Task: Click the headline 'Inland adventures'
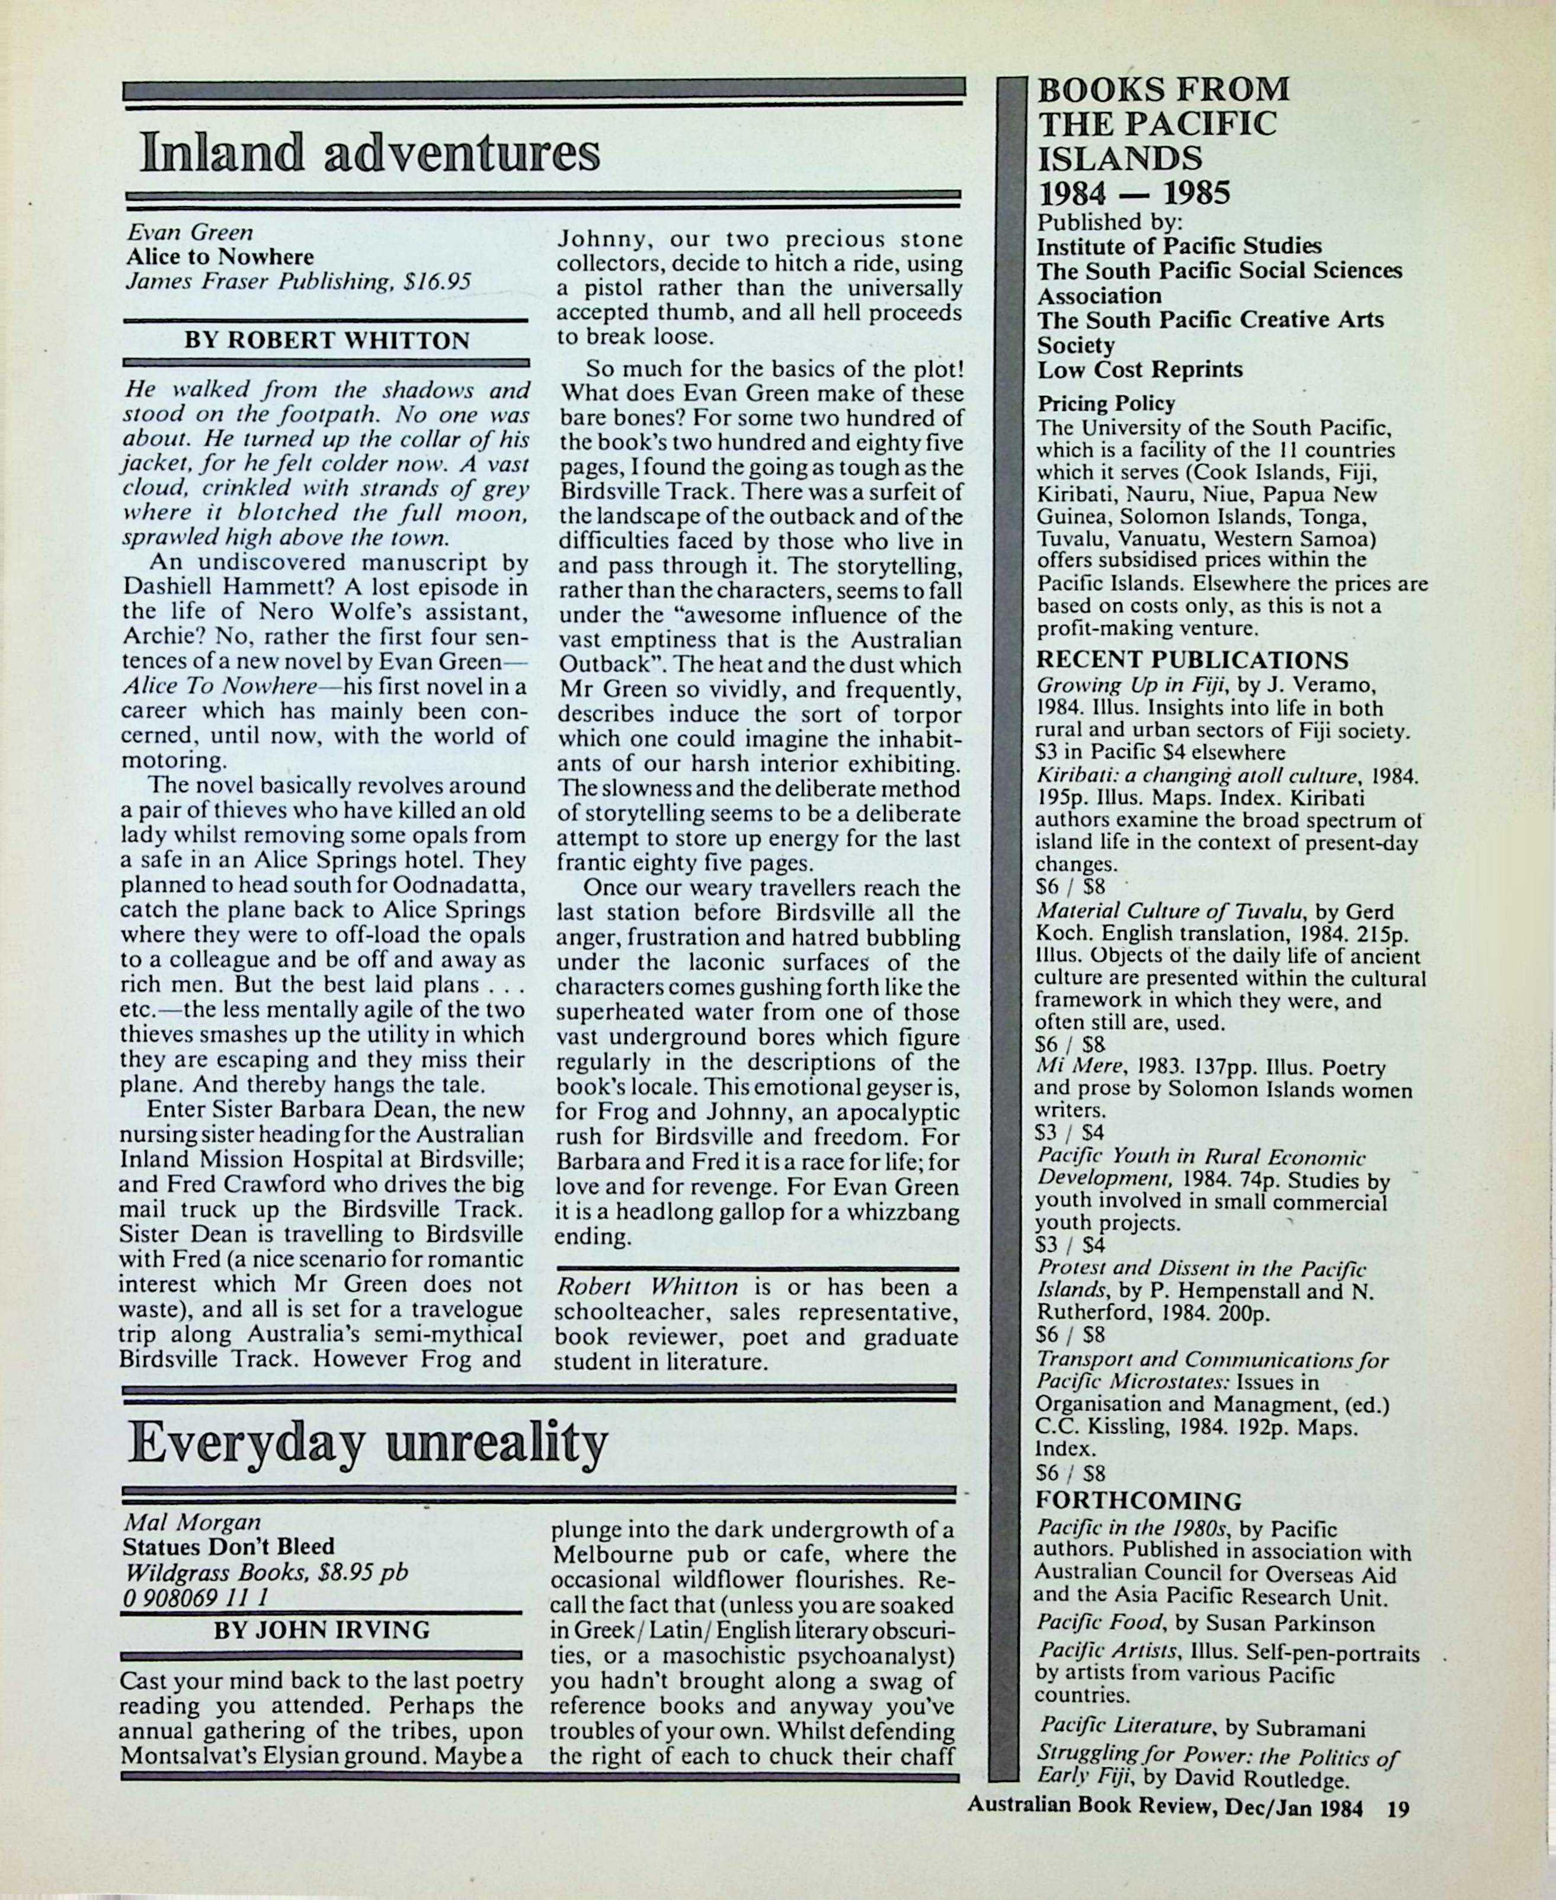pyautogui.click(x=369, y=152)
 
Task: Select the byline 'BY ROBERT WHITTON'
pyautogui.click(x=326, y=341)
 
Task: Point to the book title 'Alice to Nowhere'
pyautogui.click(x=220, y=257)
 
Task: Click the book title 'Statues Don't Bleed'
pyautogui.click(x=229, y=1547)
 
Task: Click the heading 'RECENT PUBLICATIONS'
pyautogui.click(x=1192, y=661)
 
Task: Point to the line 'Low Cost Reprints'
pyautogui.click(x=1139, y=370)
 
